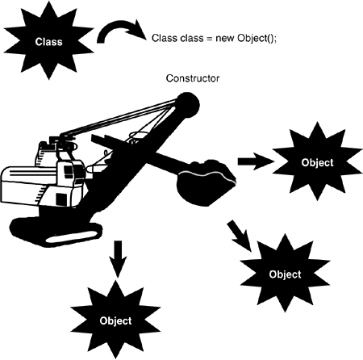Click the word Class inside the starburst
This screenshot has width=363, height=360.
[48, 42]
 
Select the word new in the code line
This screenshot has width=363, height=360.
[225, 38]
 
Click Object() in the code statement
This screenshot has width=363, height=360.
[257, 38]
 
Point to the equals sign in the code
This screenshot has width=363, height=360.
[210, 38]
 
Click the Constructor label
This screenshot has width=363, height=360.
[193, 78]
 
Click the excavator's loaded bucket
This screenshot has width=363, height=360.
[206, 183]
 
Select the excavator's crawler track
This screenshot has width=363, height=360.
[56, 232]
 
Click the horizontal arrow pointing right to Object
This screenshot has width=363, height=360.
[256, 161]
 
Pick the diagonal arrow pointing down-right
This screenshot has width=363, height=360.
[240, 236]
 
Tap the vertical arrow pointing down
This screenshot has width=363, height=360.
[118, 258]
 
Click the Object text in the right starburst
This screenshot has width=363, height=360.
[317, 163]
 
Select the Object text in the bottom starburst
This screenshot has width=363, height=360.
[115, 320]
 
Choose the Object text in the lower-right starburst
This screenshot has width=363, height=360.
[285, 274]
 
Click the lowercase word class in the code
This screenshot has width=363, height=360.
[192, 38]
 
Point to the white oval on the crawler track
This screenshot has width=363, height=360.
[72, 237]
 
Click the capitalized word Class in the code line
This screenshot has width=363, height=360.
[165, 38]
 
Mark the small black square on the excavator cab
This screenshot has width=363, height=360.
[61, 199]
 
